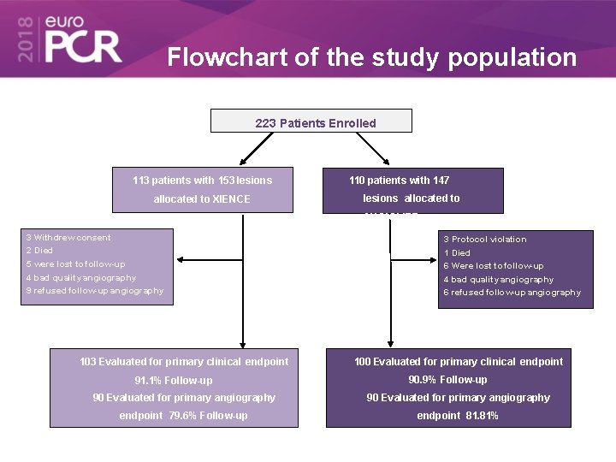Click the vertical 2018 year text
(25, 38)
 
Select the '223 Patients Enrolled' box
(311, 121)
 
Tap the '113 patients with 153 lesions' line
(202, 181)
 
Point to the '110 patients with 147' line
(399, 181)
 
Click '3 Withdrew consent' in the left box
(68, 238)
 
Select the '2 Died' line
(39, 251)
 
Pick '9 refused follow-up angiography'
(94, 291)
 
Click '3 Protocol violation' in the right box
(484, 240)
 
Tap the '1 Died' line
(457, 253)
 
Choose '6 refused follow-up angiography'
(512, 293)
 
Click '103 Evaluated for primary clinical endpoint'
(184, 362)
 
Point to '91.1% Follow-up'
(174, 381)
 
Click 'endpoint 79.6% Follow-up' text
(183, 416)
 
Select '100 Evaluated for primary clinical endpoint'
(459, 362)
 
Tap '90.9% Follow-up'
(447, 380)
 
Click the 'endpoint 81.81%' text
(458, 416)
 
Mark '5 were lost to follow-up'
(75, 264)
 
